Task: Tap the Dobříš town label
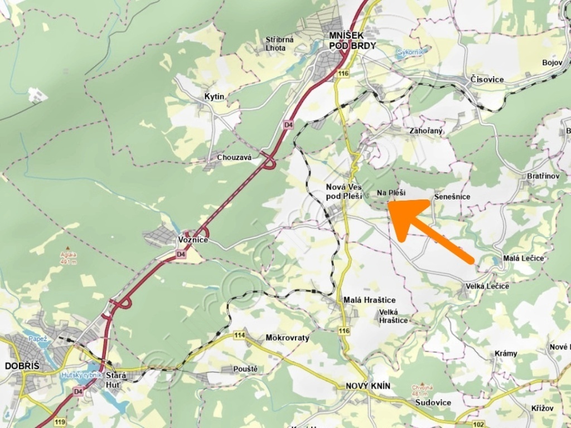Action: pyautogui.click(x=20, y=366)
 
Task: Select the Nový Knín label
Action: pyautogui.click(x=368, y=386)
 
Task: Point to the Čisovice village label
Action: pyautogui.click(x=487, y=79)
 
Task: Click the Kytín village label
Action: pyautogui.click(x=214, y=96)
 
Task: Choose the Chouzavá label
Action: pyautogui.click(x=234, y=158)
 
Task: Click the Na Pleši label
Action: pyautogui.click(x=391, y=193)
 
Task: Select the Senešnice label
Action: pyautogui.click(x=452, y=197)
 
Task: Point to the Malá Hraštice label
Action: pyautogui.click(x=369, y=300)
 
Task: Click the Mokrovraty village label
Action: pyautogui.click(x=287, y=338)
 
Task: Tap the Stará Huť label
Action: pyautogui.click(x=116, y=379)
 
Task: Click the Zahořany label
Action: pyautogui.click(x=425, y=131)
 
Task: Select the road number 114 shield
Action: pyautogui.click(x=240, y=335)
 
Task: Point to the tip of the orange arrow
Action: pyautogui.click(x=389, y=204)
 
